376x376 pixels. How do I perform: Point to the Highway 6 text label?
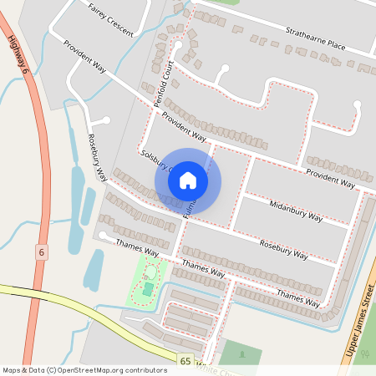[x=18, y=57]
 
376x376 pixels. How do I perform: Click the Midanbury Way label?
[x=296, y=211]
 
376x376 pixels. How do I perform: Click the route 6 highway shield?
[x=41, y=252]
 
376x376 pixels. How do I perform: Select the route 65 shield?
[x=185, y=360]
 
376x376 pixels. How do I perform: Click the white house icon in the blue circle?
[x=188, y=180]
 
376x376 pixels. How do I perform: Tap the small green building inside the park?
[x=148, y=288]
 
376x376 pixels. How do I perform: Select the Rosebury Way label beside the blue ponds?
[x=98, y=156]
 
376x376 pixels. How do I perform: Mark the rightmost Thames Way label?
[x=298, y=297]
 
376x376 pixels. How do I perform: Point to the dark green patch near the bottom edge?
[x=240, y=354]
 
